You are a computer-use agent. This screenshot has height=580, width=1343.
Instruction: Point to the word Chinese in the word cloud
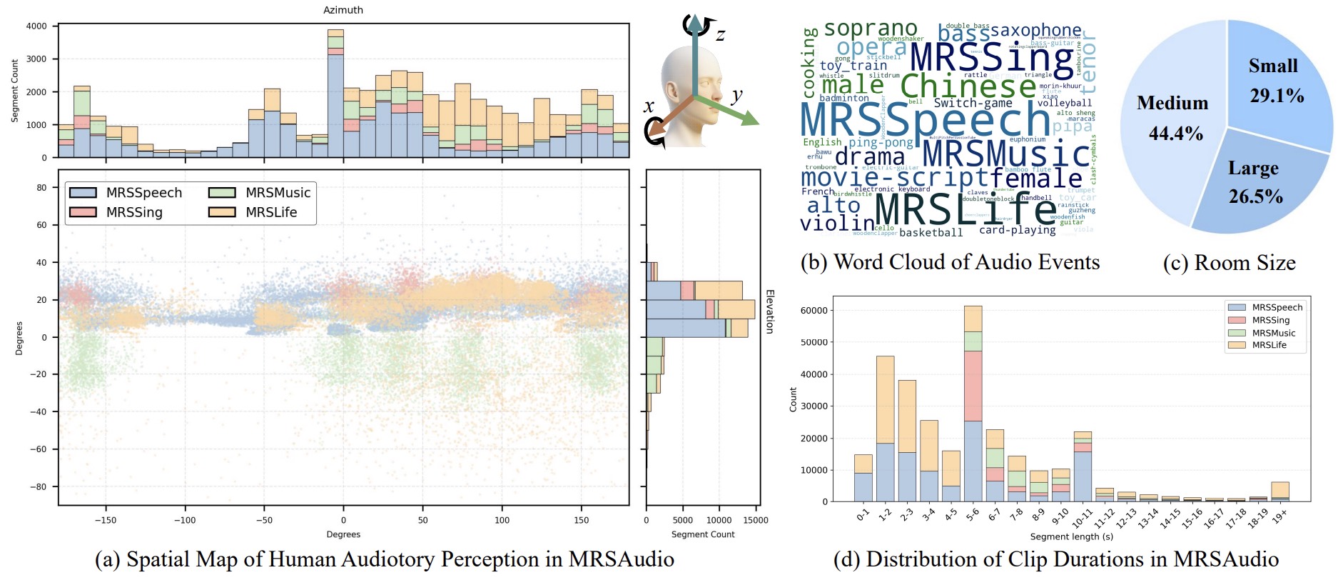968,86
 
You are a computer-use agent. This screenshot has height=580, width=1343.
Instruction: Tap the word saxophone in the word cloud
1035,31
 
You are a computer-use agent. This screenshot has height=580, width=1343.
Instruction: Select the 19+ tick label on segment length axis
1280,516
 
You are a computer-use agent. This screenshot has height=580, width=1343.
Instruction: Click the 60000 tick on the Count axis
814,311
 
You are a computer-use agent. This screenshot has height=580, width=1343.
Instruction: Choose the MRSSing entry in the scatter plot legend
134,212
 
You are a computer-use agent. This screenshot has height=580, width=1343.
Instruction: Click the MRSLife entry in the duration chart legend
1269,345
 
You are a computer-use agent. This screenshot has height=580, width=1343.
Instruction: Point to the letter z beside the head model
721,34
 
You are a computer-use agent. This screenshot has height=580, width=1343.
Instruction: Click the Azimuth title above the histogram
343,10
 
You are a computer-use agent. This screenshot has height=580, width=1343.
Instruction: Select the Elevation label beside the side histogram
769,311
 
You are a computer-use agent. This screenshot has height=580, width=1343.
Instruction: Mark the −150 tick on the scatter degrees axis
106,520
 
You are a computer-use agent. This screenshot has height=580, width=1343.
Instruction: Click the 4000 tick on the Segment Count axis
36,26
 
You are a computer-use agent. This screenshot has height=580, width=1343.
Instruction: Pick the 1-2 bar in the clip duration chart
885,429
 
